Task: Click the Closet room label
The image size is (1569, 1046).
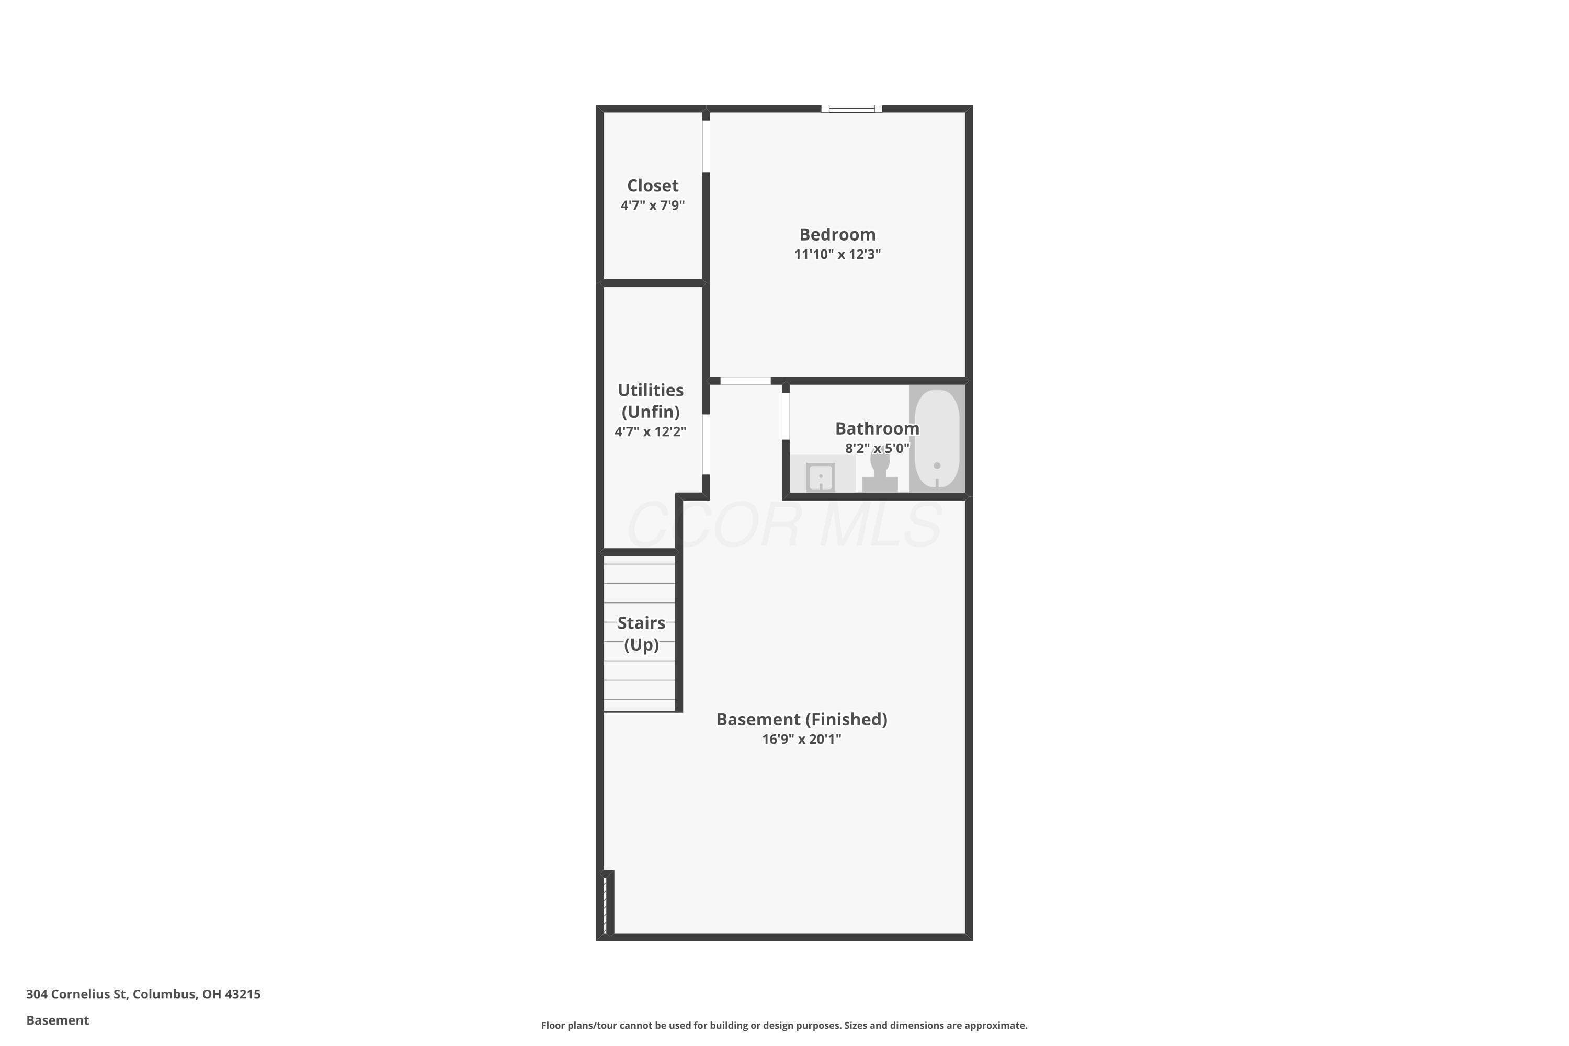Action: (652, 186)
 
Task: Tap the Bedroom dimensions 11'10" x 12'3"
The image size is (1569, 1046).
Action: (837, 254)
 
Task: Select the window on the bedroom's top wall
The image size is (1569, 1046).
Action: (851, 108)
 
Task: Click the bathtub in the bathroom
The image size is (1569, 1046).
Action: (937, 439)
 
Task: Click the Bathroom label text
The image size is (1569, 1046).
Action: (877, 428)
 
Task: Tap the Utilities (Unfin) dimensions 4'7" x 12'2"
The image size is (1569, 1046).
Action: (651, 431)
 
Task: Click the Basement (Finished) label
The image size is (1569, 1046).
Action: (802, 719)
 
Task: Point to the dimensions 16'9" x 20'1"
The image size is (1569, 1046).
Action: (802, 739)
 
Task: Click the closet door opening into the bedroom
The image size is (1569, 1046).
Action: (706, 146)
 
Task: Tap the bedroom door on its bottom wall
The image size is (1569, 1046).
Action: (746, 381)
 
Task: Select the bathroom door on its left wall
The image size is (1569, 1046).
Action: (786, 416)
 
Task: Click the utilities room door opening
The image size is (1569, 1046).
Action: (706, 444)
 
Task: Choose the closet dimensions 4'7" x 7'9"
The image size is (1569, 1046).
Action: (652, 206)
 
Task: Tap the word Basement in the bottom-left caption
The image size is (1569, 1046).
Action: (58, 1020)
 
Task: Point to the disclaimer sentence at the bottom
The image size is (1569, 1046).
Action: (784, 1025)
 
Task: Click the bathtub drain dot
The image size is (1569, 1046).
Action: (937, 465)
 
